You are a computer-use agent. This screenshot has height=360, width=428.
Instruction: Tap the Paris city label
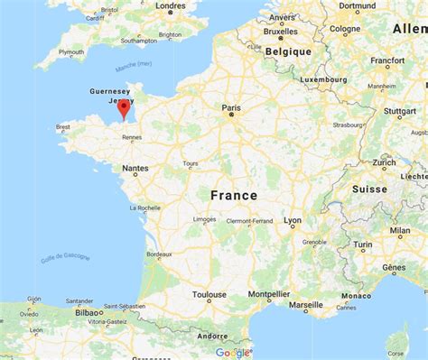233,106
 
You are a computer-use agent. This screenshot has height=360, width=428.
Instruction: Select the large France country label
234,195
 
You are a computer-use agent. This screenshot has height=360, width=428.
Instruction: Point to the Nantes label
136,169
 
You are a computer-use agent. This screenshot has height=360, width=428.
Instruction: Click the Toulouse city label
209,294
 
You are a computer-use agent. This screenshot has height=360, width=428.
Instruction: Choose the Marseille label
305,305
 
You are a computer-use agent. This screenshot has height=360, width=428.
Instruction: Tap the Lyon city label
293,220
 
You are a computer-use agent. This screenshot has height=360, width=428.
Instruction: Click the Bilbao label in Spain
88,312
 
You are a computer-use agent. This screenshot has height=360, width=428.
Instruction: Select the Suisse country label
369,189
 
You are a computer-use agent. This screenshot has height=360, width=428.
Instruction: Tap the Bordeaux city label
159,254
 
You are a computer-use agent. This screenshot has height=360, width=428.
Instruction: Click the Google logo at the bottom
233,352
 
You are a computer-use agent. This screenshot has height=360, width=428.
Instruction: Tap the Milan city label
400,230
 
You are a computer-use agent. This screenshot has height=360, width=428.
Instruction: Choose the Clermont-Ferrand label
251,218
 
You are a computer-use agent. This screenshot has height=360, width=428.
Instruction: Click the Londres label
171,5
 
